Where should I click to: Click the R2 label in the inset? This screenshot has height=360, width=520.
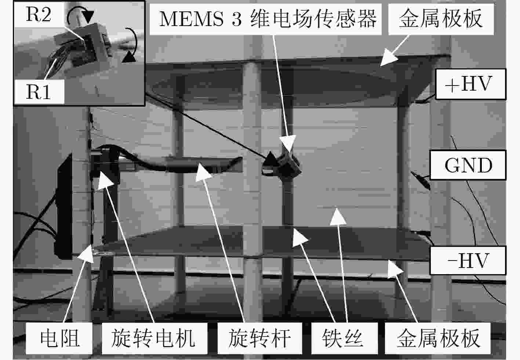pos(39,15)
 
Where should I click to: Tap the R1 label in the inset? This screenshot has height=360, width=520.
pos(39,92)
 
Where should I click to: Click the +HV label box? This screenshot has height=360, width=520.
pos(470,84)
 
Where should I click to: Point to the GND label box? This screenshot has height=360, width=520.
pos(468,165)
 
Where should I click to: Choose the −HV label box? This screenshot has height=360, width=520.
pos(468,261)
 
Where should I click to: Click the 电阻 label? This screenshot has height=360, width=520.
pos(60,339)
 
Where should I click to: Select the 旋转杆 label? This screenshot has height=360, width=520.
pos(259,339)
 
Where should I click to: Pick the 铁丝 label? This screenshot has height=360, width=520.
pos(342,339)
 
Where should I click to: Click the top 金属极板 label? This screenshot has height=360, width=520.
pos(440,19)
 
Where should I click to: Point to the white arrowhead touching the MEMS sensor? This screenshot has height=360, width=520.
pos(288,143)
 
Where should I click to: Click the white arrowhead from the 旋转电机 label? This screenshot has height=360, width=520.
pos(105,181)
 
